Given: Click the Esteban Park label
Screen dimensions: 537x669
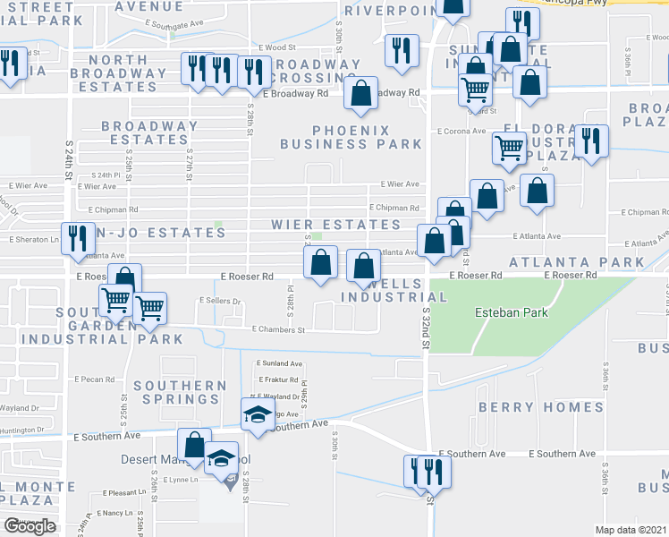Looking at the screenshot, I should [x=511, y=313].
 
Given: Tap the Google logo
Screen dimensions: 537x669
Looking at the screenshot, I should [x=30, y=526].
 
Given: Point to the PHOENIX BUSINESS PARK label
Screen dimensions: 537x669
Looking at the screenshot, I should [x=351, y=135].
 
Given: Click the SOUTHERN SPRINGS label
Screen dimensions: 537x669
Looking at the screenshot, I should [x=180, y=394].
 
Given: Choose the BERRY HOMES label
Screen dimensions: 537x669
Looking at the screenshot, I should [x=541, y=407].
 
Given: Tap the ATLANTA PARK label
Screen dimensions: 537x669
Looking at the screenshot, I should [x=577, y=262].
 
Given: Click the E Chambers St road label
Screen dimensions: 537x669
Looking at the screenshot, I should [x=278, y=329].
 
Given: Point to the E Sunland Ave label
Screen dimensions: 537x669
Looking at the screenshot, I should [x=280, y=364].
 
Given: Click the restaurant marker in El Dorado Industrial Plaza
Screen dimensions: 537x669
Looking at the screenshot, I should [x=591, y=141].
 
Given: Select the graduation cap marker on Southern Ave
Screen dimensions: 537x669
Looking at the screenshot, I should [x=257, y=413].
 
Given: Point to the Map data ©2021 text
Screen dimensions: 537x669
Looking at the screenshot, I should [x=631, y=530].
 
